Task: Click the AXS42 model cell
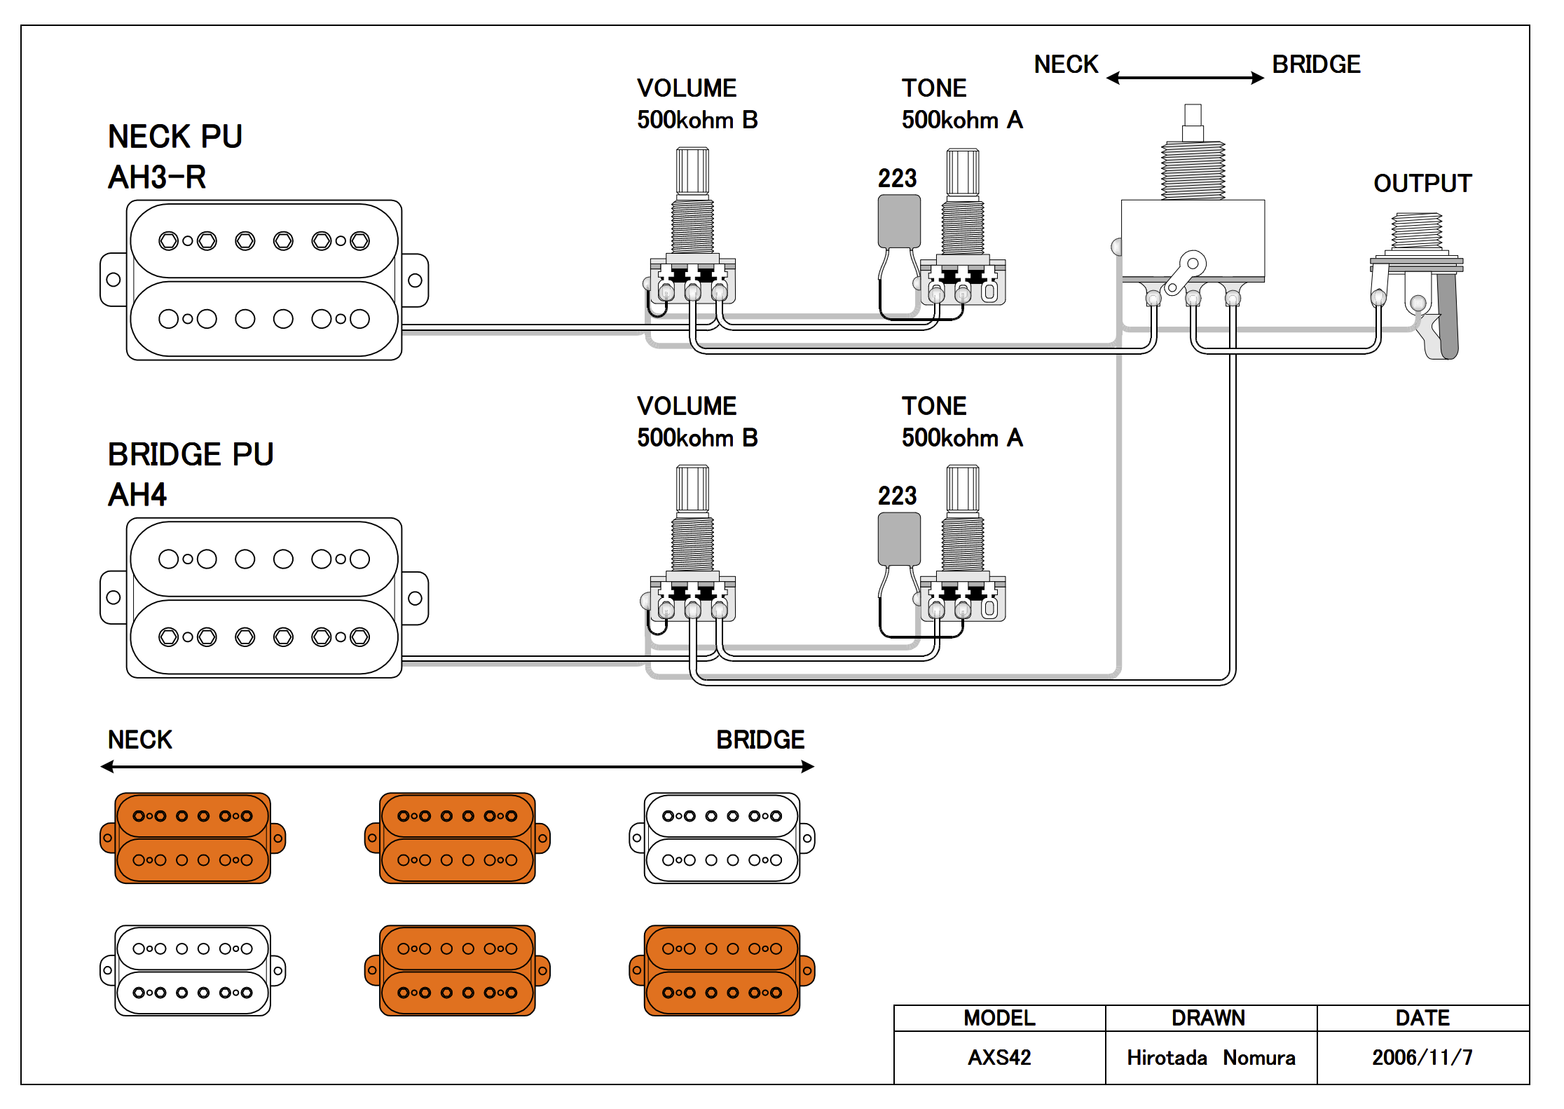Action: point(999,1057)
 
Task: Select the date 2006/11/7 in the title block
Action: point(1422,1057)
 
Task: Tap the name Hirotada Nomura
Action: point(1211,1057)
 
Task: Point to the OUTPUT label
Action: point(1422,184)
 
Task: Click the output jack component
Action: point(1418,280)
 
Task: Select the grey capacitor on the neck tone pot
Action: point(899,221)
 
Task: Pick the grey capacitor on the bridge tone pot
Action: point(899,538)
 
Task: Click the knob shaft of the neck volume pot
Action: point(692,172)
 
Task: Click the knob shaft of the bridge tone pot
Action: point(963,489)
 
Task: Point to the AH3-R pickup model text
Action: point(157,177)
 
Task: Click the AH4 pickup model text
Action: point(137,495)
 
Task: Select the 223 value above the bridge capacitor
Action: point(897,496)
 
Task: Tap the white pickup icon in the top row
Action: point(722,838)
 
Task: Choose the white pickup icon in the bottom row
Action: point(193,971)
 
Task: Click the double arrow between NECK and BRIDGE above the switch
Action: point(1185,78)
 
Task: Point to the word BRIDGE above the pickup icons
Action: point(760,740)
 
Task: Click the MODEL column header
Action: point(999,1018)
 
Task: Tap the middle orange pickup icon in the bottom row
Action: point(457,971)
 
